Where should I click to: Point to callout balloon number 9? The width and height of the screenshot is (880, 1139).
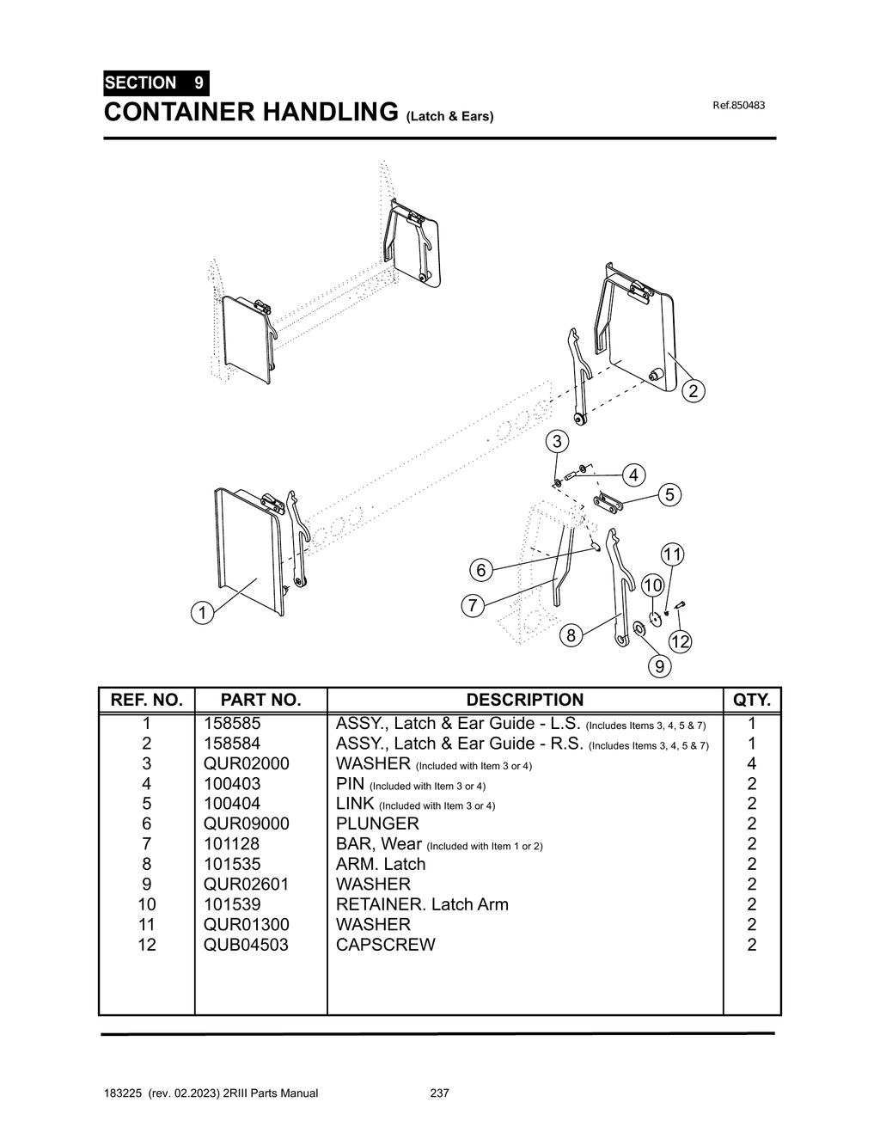[660, 665]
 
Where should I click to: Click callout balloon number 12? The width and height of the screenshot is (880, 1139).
[681, 641]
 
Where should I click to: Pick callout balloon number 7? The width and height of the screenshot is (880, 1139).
[472, 605]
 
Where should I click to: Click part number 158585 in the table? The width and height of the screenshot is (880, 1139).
[231, 724]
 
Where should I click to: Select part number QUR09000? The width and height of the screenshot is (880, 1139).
[246, 824]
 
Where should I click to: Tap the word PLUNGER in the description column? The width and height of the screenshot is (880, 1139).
[377, 824]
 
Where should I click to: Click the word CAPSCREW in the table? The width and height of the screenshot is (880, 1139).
[385, 945]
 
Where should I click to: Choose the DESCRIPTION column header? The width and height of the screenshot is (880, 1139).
[524, 700]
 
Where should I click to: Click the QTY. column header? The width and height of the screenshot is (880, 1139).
[752, 700]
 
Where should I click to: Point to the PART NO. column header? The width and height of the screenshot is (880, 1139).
[260, 700]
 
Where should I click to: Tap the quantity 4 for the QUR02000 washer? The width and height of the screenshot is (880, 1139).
[752, 763]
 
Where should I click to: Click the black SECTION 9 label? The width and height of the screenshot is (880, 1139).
[156, 83]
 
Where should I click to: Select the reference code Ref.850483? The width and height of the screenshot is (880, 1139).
[738, 106]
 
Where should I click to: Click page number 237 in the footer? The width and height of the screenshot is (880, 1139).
[439, 1093]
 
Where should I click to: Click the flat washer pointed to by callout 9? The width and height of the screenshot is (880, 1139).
[639, 631]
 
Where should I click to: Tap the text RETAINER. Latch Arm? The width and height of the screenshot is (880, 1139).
[422, 904]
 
